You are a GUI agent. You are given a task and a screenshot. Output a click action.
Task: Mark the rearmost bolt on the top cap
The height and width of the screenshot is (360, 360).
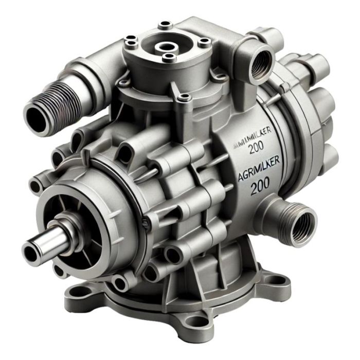(x=166, y=24)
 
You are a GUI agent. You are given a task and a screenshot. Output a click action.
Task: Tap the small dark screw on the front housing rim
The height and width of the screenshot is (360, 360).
(x=147, y=222)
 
